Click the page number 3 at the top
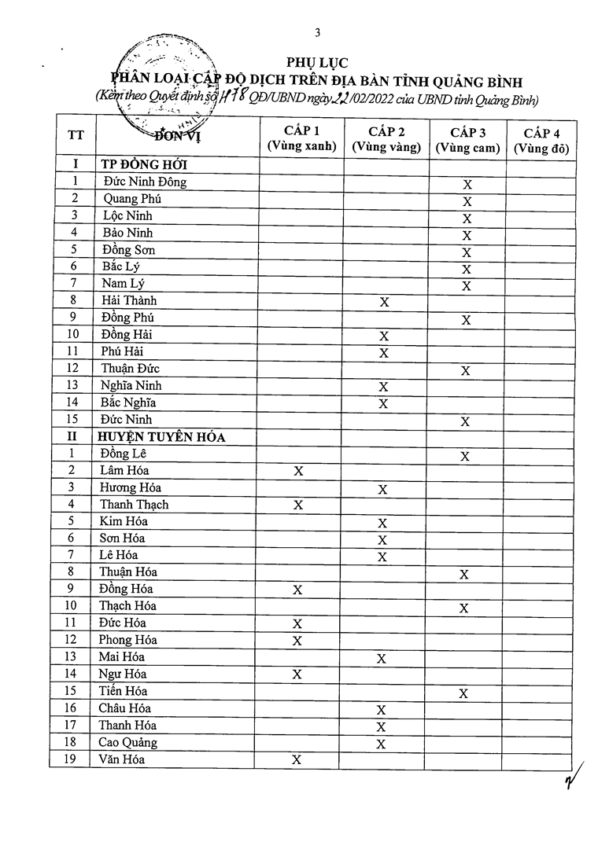(317, 32)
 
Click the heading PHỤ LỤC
(318, 63)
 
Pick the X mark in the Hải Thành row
(384, 302)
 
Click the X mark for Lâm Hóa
(298, 472)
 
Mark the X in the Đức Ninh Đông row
(467, 185)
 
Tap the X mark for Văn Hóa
(297, 760)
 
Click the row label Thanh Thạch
(134, 505)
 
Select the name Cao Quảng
(127, 743)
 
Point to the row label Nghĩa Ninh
(131, 386)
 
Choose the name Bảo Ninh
(127, 233)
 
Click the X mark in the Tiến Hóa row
(463, 693)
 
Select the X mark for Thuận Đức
(466, 371)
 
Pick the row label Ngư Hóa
(123, 674)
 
